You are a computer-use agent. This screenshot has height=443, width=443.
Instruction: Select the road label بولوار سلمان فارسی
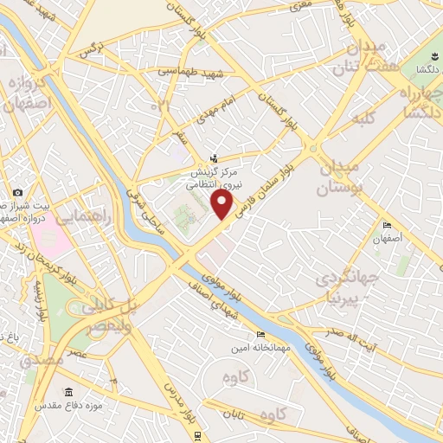[267, 180]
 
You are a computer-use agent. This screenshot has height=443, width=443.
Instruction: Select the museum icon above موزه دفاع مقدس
[69, 391]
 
